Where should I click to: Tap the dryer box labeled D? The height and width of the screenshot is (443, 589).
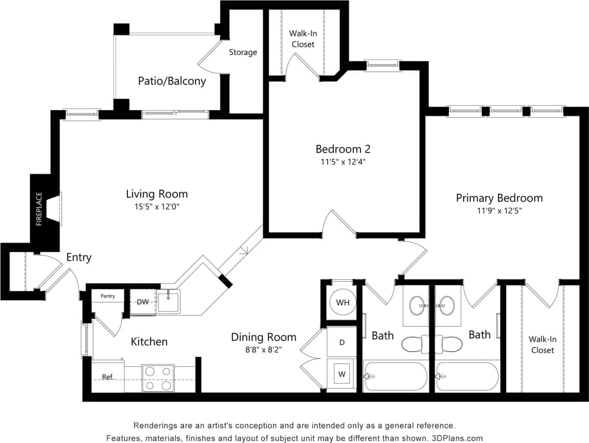(x=342, y=342)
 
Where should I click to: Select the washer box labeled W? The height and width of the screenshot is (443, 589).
(x=342, y=374)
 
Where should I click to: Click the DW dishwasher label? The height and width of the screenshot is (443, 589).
(x=143, y=302)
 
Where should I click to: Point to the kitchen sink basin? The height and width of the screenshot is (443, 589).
(x=168, y=302)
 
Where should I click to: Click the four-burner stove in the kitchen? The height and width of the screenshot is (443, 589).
(x=158, y=379)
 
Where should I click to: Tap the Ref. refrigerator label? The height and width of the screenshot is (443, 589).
(x=107, y=377)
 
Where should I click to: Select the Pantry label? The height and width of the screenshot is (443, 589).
(x=107, y=296)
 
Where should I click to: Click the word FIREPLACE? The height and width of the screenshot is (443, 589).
(x=39, y=209)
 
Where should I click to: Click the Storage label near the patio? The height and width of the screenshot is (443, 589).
(x=243, y=52)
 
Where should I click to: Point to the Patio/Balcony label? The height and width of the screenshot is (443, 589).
(x=172, y=81)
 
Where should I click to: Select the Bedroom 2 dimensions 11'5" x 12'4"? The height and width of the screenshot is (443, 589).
(x=343, y=162)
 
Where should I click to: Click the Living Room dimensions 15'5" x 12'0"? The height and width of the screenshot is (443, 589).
(x=157, y=207)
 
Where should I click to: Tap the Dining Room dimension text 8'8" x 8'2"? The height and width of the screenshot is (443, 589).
(x=263, y=350)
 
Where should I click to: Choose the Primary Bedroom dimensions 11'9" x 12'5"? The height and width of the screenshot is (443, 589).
(x=499, y=210)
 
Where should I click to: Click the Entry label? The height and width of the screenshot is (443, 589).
(x=79, y=257)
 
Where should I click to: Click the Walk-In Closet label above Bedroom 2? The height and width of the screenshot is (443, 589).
(x=303, y=39)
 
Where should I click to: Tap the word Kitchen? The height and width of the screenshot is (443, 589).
(x=149, y=341)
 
